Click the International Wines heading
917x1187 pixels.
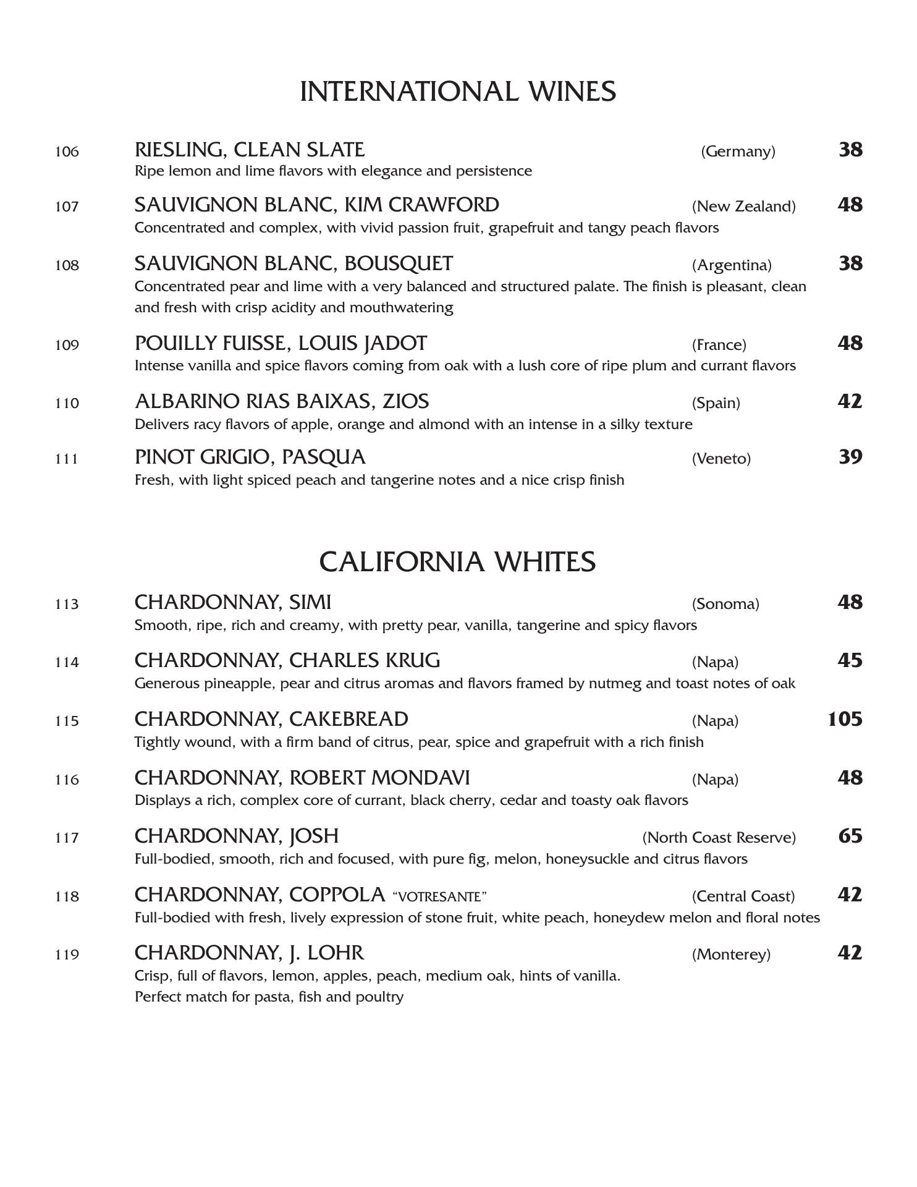458,91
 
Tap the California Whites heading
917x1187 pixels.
457,562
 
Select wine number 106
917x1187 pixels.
67,151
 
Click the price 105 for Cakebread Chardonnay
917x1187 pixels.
845,719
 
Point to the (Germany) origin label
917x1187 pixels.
738,151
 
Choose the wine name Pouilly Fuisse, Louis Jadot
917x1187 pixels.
281,343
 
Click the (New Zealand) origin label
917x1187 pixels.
743,206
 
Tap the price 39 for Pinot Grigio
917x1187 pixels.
850,457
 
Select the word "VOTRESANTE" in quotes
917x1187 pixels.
439,896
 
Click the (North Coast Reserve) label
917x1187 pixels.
719,838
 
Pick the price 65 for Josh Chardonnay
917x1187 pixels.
850,836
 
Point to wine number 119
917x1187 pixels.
67,955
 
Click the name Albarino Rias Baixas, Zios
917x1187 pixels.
282,401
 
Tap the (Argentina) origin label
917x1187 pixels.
732,265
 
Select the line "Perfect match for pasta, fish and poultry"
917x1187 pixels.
269,997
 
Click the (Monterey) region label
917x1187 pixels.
731,955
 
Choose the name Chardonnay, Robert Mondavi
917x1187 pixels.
302,778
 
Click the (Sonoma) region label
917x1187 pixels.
725,604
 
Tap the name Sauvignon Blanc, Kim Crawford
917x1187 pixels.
316,205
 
